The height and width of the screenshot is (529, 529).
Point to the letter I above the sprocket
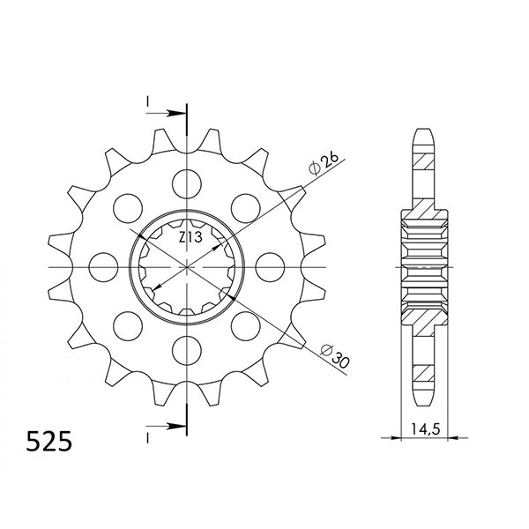tap(147, 103)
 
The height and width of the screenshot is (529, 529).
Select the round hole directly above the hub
tap(187, 183)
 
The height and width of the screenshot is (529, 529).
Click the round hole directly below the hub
tap(187, 347)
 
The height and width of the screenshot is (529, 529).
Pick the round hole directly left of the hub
tap(105, 265)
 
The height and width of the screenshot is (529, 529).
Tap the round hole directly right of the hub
tap(269, 265)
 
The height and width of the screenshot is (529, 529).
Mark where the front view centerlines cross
tap(187, 265)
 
